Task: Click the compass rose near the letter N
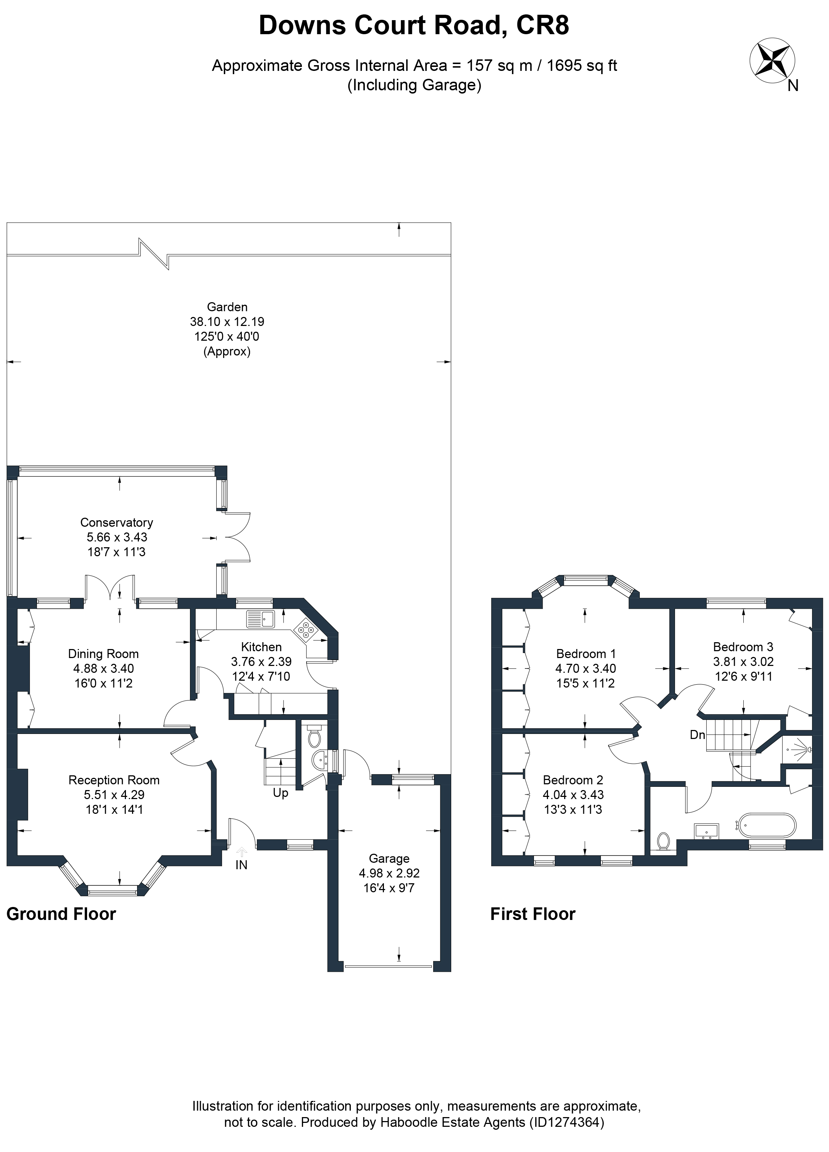coord(772,60)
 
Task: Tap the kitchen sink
coord(260,619)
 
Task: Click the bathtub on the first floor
coord(767,826)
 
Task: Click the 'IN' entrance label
coord(241,865)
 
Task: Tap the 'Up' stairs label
coord(280,793)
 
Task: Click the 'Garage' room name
coord(389,858)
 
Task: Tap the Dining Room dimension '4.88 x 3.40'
coord(104,668)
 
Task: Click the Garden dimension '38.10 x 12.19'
coord(227,322)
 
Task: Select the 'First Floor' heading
coord(533,914)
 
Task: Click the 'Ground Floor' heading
coord(61,914)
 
